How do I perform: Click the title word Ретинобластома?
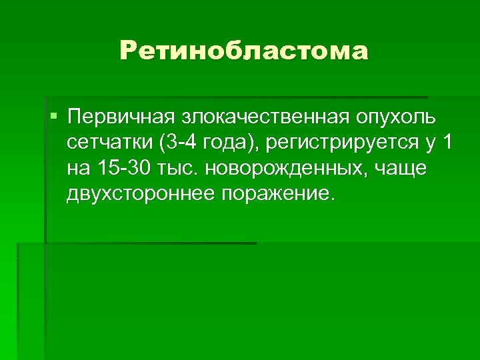244,51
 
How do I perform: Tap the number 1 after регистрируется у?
447,143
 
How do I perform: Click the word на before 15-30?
77,168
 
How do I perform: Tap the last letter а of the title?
358,51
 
